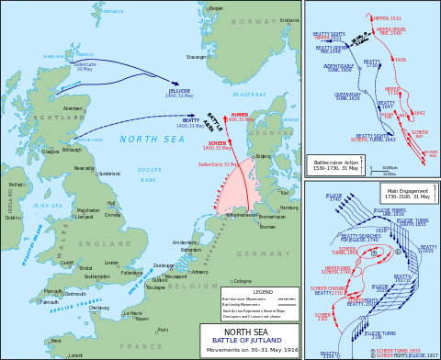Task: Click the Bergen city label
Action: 216,8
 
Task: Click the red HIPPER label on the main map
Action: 240,116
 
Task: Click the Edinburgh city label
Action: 72,150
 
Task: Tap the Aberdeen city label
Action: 73,108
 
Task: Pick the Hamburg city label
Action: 289,208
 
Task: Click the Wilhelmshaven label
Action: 242,215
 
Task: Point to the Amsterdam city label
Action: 185,242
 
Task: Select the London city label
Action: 111,263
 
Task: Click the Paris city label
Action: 164,330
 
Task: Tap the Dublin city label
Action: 13,218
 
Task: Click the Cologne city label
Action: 243,281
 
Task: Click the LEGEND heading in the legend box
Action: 263,292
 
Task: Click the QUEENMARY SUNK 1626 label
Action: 348,96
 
